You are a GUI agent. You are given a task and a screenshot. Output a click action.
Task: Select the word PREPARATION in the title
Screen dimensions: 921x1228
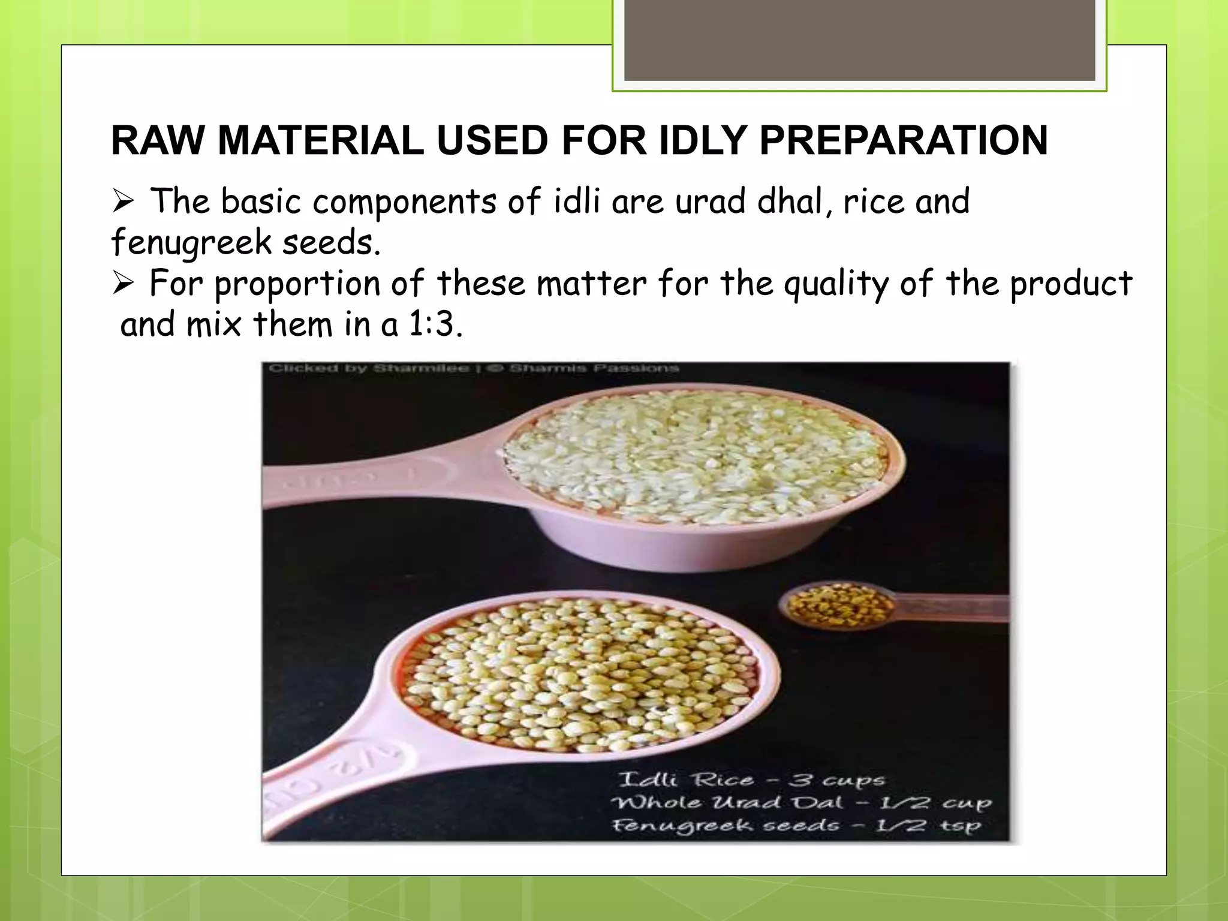[x=904, y=141]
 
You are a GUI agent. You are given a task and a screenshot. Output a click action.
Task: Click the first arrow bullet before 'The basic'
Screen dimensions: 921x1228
[x=123, y=201]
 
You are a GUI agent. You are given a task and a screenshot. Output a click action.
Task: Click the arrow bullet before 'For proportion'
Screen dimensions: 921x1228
[x=123, y=283]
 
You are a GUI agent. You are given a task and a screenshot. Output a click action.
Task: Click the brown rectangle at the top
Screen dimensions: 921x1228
[x=859, y=40]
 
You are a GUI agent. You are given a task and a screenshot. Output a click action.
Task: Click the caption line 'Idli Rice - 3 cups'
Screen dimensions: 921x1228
[x=751, y=779]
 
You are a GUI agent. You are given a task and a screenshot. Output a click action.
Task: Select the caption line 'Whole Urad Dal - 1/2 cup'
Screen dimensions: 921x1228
[x=801, y=802]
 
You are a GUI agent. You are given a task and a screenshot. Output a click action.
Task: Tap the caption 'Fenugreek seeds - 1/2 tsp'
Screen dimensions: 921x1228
[x=796, y=826]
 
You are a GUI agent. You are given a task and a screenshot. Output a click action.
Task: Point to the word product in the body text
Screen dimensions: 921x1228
[x=1070, y=284]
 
